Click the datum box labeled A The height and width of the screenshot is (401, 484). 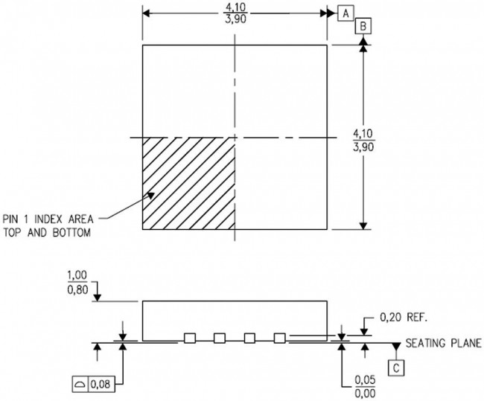345,13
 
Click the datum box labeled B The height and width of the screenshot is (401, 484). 363,26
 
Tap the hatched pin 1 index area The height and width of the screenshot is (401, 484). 188,183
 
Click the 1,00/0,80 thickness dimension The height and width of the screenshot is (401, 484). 77,283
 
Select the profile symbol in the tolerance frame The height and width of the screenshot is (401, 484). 80,384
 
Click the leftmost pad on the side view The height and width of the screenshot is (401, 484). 190,338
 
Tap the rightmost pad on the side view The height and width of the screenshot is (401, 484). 279,338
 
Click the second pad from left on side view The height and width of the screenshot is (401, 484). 220,338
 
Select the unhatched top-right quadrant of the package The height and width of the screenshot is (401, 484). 281,91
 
